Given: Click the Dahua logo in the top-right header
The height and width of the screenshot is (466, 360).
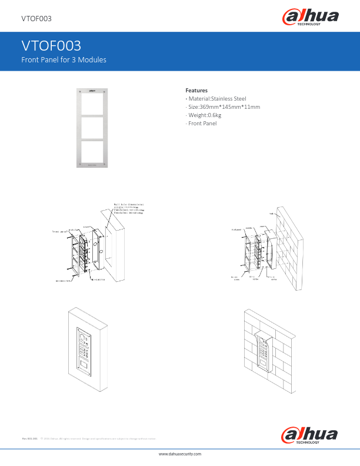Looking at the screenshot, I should click(312, 19).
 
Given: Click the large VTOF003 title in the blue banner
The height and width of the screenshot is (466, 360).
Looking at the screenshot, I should click(51, 46).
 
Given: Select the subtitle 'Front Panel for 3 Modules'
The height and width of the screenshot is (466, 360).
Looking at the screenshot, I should click(64, 60).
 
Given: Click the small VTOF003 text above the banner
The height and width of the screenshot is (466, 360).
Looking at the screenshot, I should click(36, 19).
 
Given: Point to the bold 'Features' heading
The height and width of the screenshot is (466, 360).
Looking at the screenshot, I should click(196, 90).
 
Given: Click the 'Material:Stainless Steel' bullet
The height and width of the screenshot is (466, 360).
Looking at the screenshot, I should click(216, 98).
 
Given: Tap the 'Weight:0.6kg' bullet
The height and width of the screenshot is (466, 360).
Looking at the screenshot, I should click(204, 115).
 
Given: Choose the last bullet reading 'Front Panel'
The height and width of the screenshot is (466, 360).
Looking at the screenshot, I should click(202, 123).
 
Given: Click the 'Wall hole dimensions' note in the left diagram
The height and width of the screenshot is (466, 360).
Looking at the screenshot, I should click(128, 205).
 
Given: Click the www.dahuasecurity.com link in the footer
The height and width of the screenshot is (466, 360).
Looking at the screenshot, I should click(180, 455).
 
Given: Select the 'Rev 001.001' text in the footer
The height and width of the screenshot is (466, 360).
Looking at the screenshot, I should click(30, 438).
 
